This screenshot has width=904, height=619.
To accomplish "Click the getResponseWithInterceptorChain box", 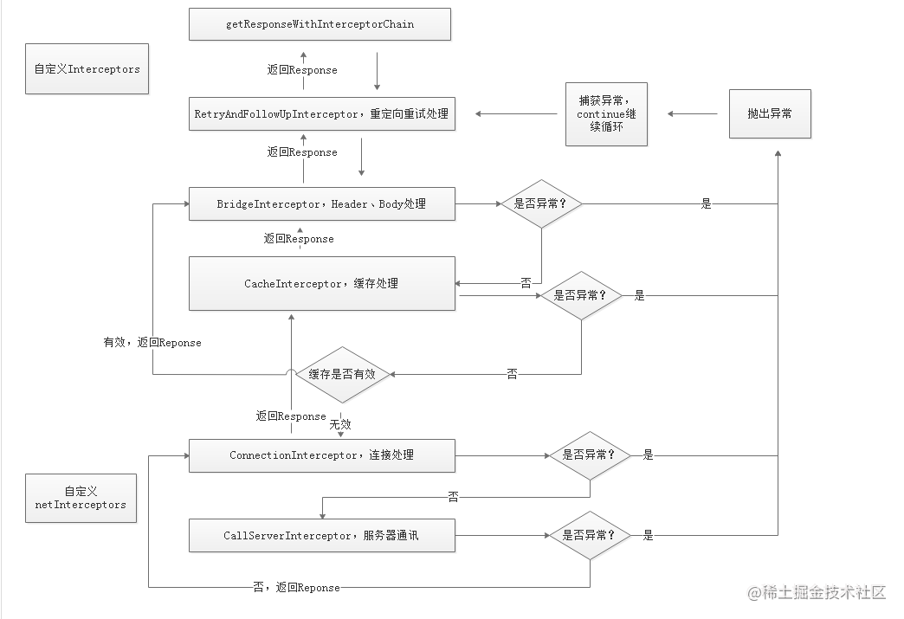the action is pos(320,24).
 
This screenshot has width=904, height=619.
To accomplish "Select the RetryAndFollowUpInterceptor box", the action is pos(322,113).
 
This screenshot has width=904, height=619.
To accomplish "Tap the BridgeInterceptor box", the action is pos(322,203).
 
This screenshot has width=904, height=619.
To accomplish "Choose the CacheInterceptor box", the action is pos(322,284).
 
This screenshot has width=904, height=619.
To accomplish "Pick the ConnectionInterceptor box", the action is pos(322,455).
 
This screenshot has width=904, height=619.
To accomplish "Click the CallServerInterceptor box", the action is pos(322,535).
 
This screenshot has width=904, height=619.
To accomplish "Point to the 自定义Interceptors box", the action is pos(87,68).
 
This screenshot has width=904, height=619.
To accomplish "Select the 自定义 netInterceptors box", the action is pos(81,498).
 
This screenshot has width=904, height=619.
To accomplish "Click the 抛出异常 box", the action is pos(770,113).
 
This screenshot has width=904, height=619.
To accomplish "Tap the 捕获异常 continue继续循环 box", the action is pos(606,114).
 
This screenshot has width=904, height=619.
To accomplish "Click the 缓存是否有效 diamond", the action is pos(342,375).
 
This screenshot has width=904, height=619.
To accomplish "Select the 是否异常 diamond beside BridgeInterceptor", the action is pos(541,203).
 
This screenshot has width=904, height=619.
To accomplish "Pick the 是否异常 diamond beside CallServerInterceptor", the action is pos(590,535).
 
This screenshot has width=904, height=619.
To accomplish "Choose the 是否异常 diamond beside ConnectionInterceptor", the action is pos(590,455).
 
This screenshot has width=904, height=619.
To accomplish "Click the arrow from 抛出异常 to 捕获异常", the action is pos(693,113).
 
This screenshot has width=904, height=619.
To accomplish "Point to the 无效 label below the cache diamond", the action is pos(340,425).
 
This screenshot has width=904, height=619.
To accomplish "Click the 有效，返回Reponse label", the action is pos(152,342).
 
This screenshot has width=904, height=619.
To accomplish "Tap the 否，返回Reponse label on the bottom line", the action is pos(296,587).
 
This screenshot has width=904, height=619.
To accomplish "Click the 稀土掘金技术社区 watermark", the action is pos(817,592).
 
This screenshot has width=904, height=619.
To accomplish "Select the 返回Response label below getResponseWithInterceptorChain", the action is pos(302,70).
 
